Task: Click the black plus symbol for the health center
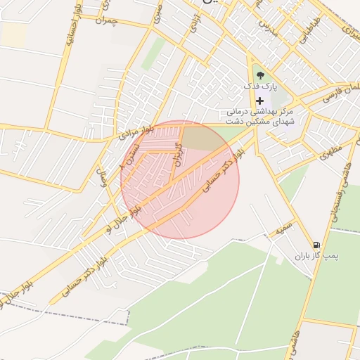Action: pyautogui.click(x=259, y=101)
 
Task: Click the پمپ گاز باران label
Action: pyautogui.click(x=316, y=256)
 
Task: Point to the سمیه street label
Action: pyautogui.click(x=284, y=228)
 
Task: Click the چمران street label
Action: pyautogui.click(x=123, y=21)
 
